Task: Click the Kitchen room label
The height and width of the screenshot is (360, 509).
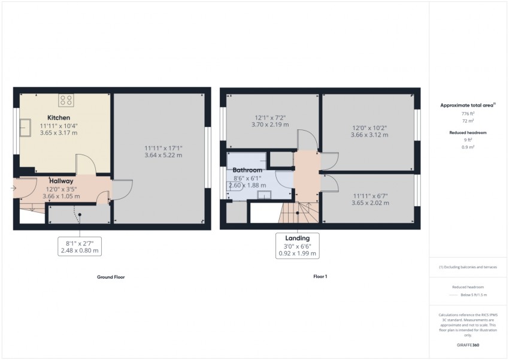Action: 59,117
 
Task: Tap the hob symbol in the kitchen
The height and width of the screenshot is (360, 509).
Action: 66,100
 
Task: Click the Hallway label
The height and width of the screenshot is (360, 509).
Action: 61,181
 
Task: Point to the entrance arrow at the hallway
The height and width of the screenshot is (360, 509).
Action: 14,189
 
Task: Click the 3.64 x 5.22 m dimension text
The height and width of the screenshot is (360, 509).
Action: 163,155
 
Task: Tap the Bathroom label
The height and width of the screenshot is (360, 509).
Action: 248,171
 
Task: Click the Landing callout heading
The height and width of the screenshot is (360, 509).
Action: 298,238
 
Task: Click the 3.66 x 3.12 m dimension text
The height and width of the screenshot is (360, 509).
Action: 369,135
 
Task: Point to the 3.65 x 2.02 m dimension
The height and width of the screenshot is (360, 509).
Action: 370,203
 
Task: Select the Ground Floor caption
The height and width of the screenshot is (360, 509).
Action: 111,277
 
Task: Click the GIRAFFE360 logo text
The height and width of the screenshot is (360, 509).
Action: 468,346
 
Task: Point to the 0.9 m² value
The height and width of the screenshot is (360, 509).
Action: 468,147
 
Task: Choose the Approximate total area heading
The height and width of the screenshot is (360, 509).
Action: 467,105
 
